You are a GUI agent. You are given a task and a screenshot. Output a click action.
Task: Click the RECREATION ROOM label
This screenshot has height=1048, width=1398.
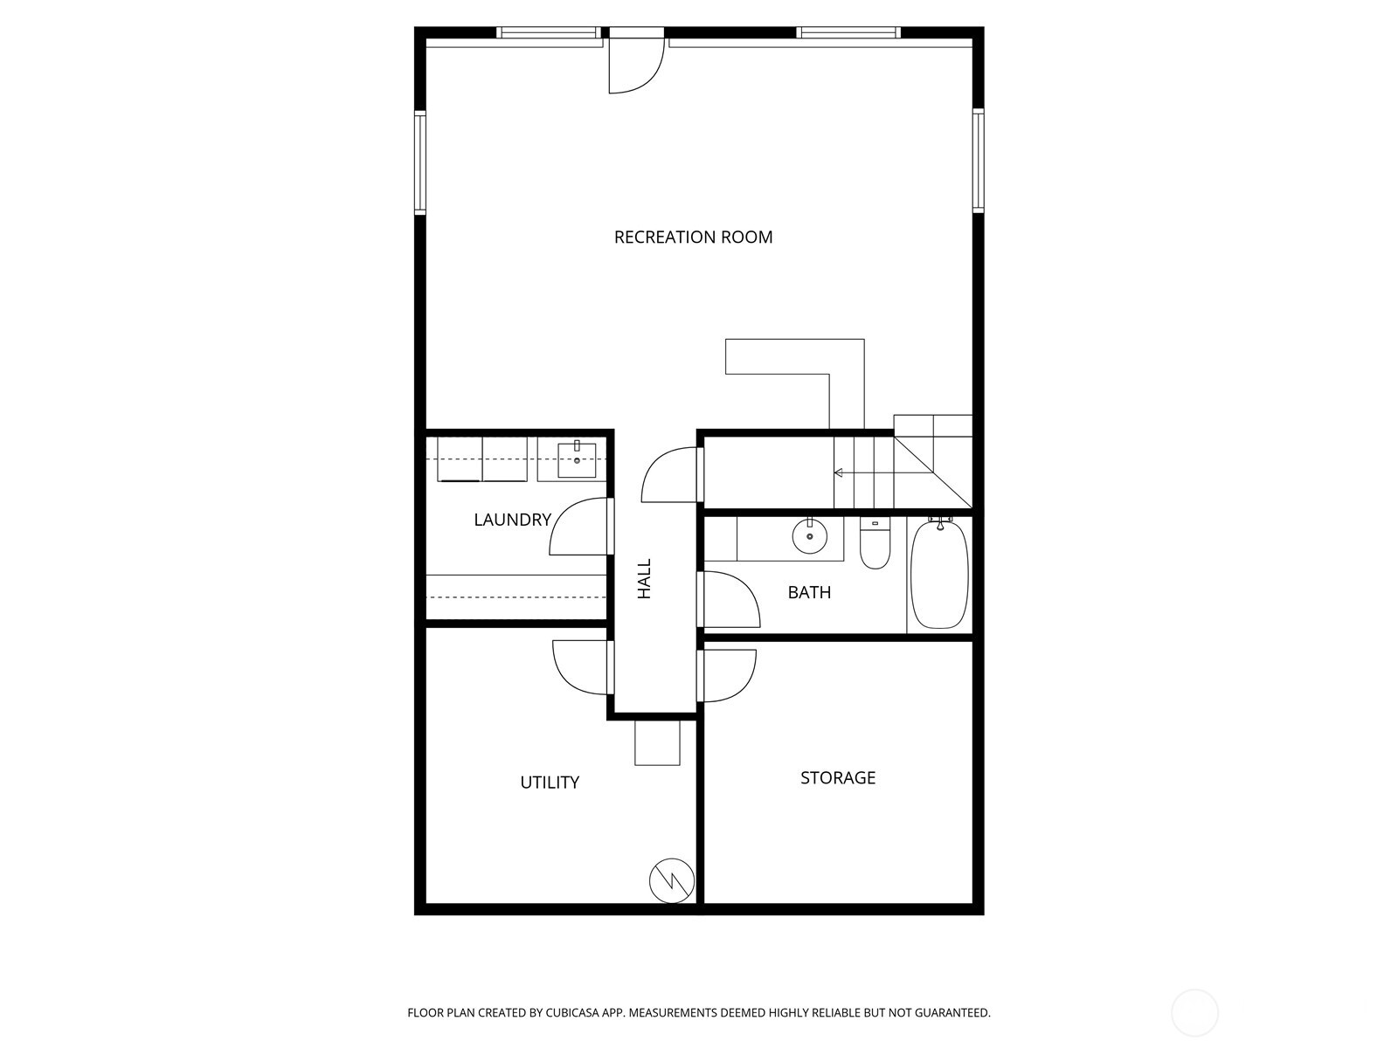point(693,237)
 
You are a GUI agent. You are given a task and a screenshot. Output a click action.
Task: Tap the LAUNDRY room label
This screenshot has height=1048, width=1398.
point(512,520)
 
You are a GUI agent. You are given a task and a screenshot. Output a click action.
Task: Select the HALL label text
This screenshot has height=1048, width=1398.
point(645,579)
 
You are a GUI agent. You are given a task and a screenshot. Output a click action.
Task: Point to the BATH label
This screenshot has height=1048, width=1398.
point(809,592)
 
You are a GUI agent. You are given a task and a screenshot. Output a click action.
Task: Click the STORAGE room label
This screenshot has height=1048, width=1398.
point(838,777)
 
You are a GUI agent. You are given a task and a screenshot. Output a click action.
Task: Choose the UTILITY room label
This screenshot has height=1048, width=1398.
point(550,782)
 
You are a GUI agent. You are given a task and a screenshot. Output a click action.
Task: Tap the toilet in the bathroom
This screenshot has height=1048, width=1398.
point(875,545)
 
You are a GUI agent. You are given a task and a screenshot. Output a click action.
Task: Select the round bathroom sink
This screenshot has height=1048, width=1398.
point(810,535)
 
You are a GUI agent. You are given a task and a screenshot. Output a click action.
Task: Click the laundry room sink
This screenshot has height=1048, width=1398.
point(577,459)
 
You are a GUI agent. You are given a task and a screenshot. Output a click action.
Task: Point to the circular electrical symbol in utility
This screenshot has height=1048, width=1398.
point(672,880)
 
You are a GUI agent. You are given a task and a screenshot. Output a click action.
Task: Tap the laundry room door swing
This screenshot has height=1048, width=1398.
point(578,527)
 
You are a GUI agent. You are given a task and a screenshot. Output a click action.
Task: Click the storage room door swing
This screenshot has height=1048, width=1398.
point(728,674)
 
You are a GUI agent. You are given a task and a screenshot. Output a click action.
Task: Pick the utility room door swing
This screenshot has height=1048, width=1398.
point(581,666)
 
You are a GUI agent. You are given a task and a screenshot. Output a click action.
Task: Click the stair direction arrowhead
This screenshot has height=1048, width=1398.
point(837,472)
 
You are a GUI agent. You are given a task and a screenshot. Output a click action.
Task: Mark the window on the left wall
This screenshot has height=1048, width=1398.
point(420,162)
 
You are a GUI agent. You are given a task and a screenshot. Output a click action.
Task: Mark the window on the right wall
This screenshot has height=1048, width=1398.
point(979,161)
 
